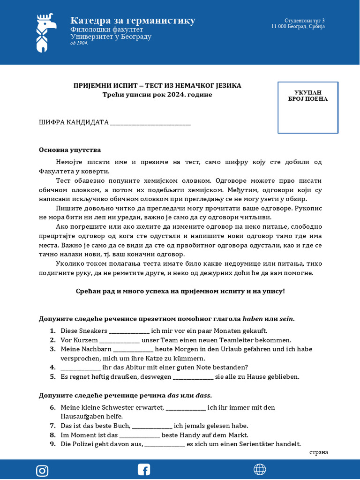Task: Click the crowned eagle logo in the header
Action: pos(45,32)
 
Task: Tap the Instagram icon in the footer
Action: pos(42,470)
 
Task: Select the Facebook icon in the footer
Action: pos(143,470)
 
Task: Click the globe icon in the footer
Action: pos(260,470)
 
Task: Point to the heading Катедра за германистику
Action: pos(133,21)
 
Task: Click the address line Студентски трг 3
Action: pos(304,21)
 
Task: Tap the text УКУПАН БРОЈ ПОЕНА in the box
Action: pos(308,96)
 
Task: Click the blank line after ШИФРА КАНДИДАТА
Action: pos(150,123)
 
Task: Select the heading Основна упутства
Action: pos(70,150)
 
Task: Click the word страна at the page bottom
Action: pos(319,452)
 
